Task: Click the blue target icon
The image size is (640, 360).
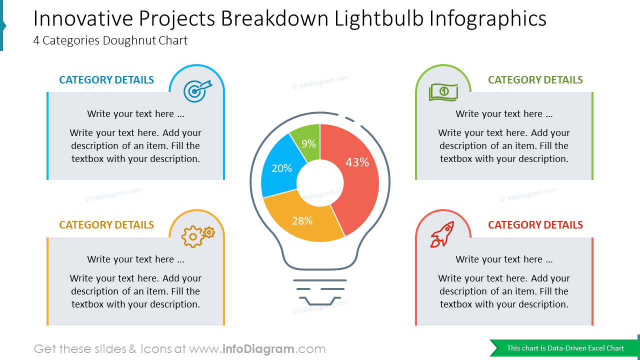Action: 197,91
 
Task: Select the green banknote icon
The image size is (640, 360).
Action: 443,92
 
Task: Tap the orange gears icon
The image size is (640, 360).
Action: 197,236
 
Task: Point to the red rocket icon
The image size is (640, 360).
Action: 442,234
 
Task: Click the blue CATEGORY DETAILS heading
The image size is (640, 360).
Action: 106,80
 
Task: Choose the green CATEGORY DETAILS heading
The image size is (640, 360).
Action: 535,80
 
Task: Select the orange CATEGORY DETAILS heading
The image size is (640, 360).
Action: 106,225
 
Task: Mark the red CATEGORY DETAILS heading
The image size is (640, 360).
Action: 535,225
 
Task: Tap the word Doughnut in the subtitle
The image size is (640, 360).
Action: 129,40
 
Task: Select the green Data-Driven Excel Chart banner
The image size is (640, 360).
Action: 565,348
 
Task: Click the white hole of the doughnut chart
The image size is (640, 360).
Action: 320,183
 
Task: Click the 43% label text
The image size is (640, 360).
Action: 357,162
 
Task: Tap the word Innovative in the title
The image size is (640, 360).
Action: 83,19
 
